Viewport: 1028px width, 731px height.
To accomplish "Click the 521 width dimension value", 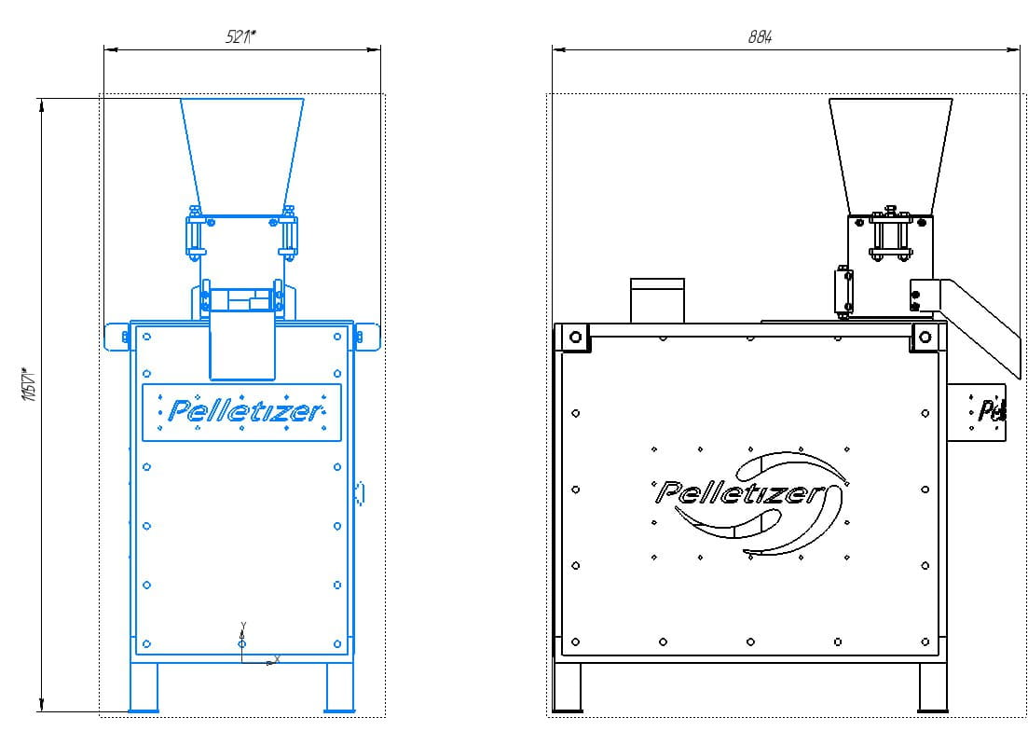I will pyautogui.click(x=241, y=36).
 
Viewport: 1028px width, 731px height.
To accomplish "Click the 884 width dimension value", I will pyautogui.click(x=761, y=37).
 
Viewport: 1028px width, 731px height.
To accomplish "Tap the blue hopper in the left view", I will pyautogui.click(x=241, y=149).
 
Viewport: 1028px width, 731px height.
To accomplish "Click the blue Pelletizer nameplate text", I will pyautogui.click(x=242, y=411).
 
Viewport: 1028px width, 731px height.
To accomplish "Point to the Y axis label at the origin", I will pyautogui.click(x=242, y=625).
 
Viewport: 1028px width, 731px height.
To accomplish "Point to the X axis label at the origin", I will pyautogui.click(x=277, y=659).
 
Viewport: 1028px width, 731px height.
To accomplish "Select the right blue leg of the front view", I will pyautogui.click(x=339, y=688).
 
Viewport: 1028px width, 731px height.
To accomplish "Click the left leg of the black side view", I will pyautogui.click(x=567, y=688).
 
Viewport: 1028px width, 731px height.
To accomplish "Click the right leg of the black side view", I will pyautogui.click(x=933, y=688).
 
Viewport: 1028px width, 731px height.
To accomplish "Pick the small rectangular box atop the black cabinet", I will pyautogui.click(x=657, y=300).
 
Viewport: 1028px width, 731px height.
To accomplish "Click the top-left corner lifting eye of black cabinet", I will pyautogui.click(x=575, y=337).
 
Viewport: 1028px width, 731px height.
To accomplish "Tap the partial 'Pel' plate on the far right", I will pyautogui.click(x=988, y=409).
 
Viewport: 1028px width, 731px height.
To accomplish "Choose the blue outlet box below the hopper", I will pyautogui.click(x=241, y=345).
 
